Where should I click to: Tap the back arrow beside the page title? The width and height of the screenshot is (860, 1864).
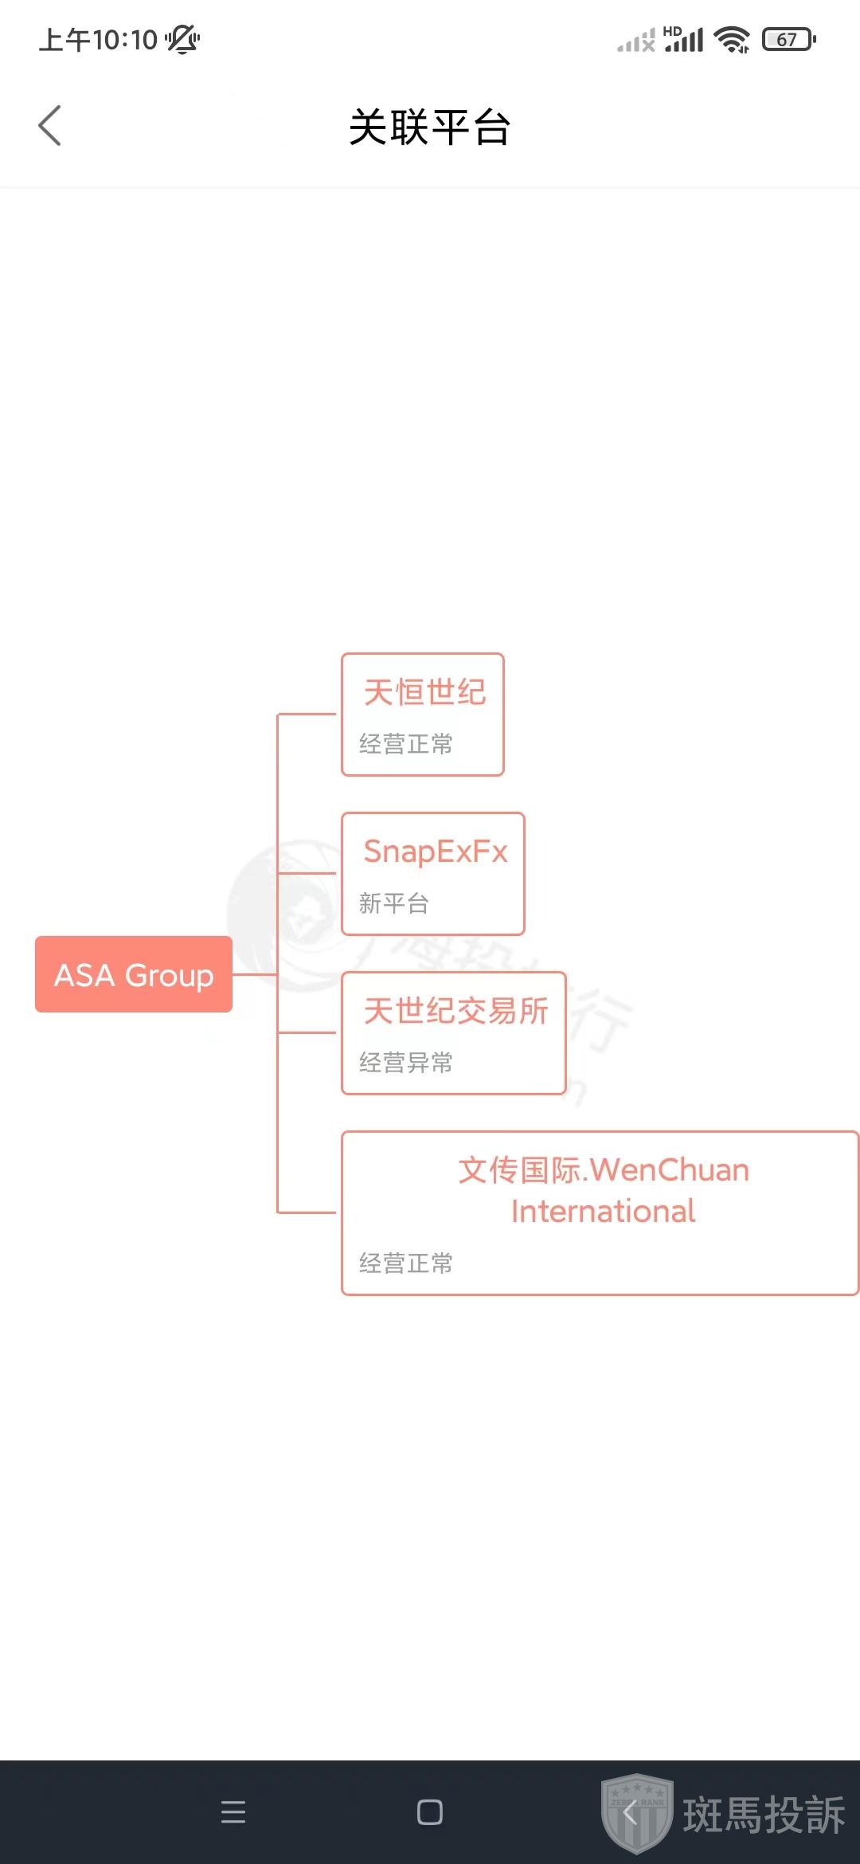49,126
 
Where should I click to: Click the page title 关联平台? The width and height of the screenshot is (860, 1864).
430,127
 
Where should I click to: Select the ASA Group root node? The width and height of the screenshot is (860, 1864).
134,974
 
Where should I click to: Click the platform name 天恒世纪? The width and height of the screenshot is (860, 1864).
424,691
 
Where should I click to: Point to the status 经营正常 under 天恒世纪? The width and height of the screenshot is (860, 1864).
406,744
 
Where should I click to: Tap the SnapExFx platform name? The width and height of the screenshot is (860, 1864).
435,852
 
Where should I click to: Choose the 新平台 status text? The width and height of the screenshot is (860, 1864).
394,903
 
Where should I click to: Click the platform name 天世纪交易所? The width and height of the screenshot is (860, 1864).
455,1011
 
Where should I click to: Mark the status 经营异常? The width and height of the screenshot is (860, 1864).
406,1063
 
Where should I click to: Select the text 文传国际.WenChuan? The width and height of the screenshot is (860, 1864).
603,1170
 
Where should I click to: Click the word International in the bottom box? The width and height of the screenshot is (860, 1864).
603,1212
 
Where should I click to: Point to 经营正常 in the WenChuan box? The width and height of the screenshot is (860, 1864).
406,1263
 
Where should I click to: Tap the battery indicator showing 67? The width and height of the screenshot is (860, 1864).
788,39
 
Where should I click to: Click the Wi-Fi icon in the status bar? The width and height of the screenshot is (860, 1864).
732,39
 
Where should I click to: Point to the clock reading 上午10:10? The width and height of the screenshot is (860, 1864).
99,39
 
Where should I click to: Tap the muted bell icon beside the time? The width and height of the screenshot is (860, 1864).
183,39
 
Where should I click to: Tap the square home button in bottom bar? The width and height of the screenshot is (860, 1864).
430,1812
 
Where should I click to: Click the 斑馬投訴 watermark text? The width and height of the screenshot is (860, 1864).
764,1815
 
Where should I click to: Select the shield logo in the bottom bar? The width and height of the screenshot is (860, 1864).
637,1813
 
